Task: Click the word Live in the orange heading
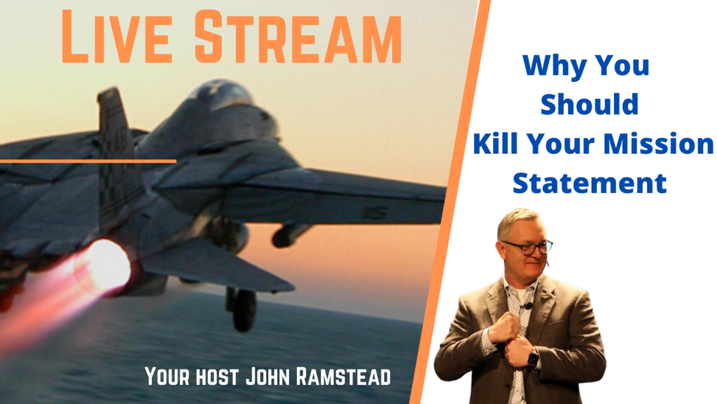117,36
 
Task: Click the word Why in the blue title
555,65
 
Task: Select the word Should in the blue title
590,104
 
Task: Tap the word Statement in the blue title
590,183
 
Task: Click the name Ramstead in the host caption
343,377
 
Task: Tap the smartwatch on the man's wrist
533,358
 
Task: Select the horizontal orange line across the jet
88,161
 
